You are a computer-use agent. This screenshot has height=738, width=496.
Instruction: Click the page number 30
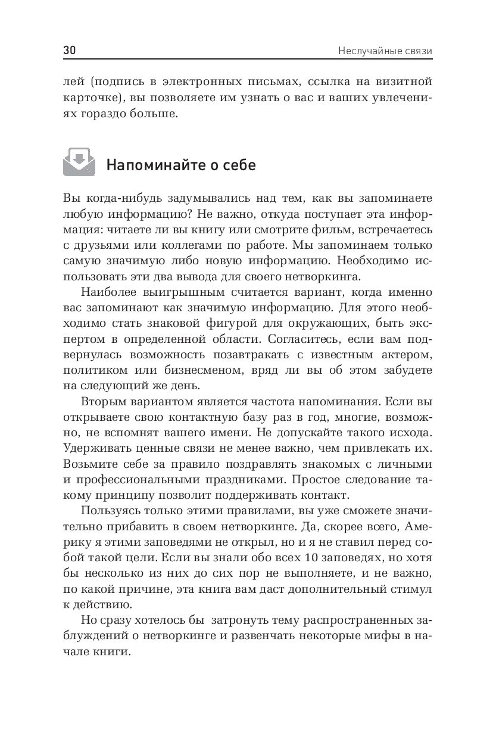[x=69, y=51]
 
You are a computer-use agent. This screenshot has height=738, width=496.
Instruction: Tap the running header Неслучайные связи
[x=385, y=51]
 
